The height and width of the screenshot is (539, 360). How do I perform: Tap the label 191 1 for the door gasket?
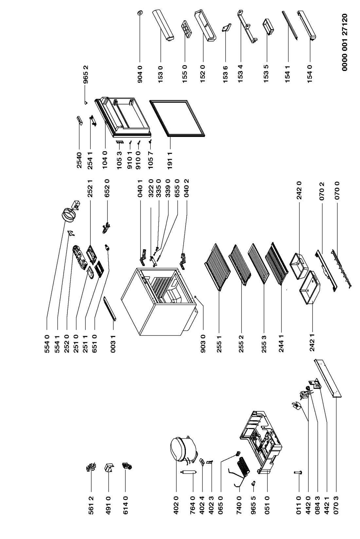click(x=170, y=160)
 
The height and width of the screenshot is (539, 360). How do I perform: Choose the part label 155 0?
click(x=185, y=74)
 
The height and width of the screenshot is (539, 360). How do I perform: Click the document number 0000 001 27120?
click(x=345, y=42)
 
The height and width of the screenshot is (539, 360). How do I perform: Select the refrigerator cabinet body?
click(x=161, y=301)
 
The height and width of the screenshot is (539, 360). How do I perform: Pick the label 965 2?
click(x=86, y=74)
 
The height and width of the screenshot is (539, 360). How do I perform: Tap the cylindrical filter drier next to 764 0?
click(x=188, y=473)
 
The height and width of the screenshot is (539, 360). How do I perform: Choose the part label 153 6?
click(x=225, y=74)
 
